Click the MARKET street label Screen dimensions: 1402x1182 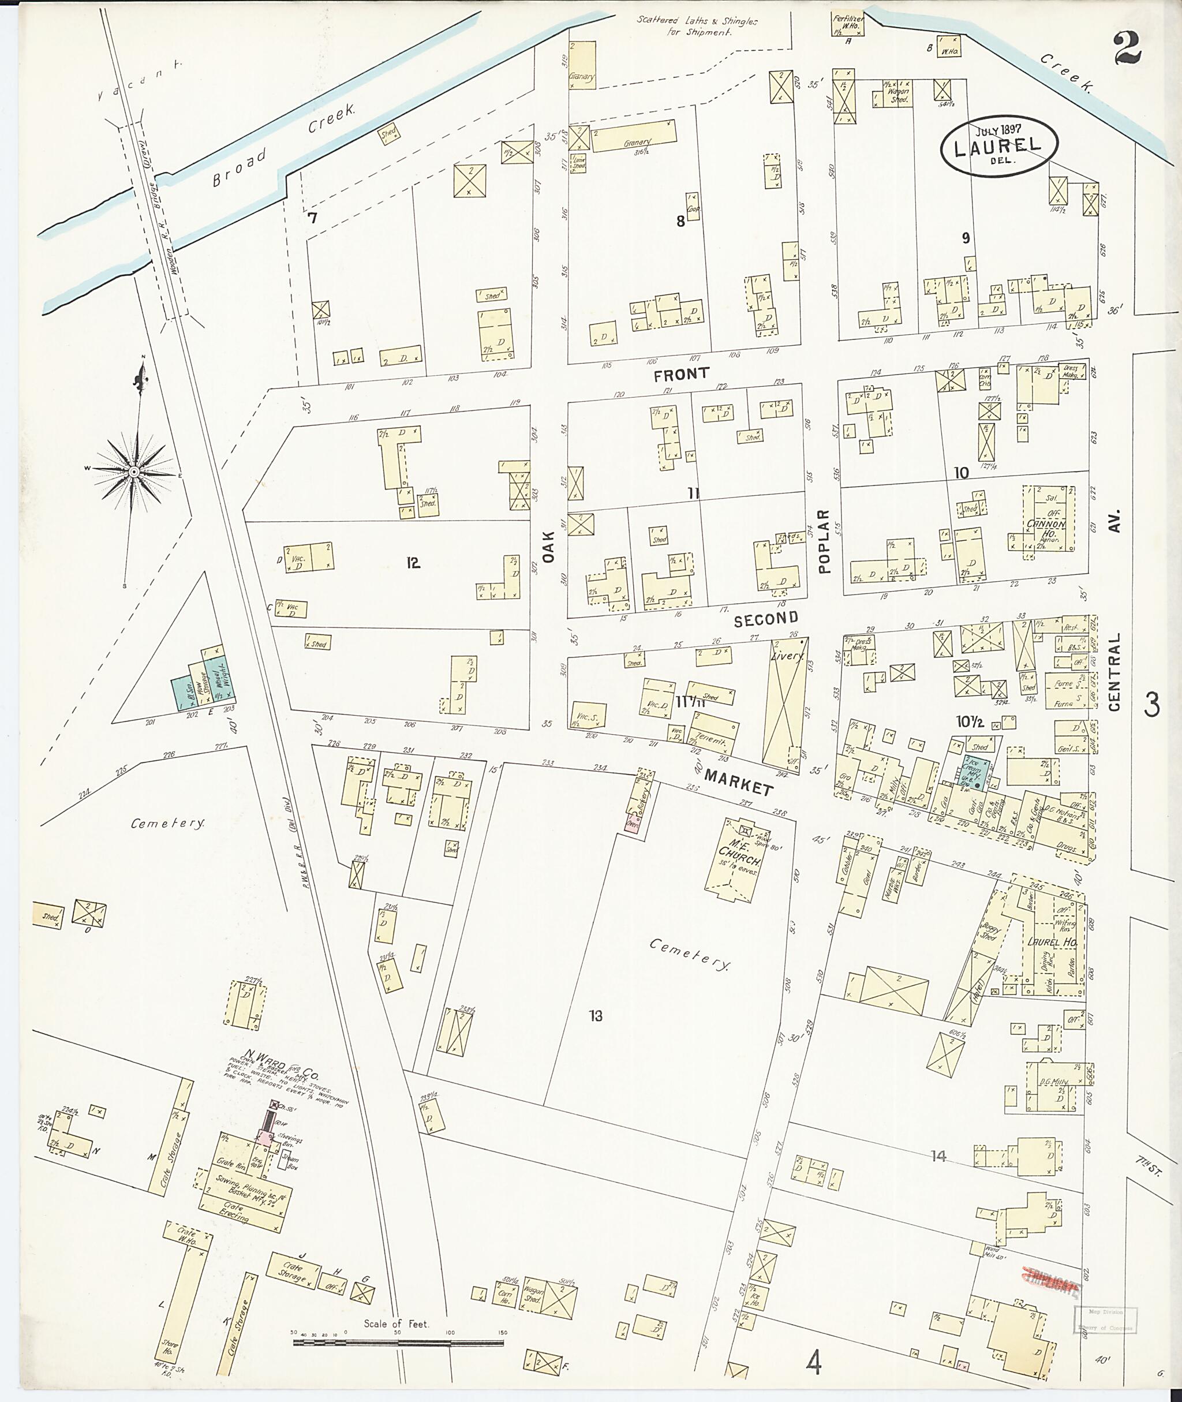point(739,783)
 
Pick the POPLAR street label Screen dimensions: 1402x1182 point(824,541)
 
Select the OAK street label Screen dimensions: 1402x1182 point(549,547)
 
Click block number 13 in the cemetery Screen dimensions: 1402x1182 point(596,1016)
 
